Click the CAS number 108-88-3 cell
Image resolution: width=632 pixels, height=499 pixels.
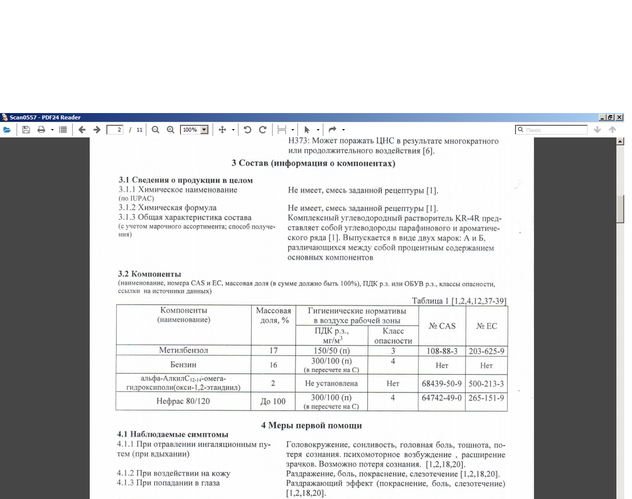442,351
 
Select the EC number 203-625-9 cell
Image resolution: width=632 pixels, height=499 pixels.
486,351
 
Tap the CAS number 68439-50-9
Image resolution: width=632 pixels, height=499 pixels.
441,384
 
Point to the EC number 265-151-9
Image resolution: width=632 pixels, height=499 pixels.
486,398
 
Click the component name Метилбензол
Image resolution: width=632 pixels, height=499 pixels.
183,350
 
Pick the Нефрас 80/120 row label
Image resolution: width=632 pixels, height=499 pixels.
183,402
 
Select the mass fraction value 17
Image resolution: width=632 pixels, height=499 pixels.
273,351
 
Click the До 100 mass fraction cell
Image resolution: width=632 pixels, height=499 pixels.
273,402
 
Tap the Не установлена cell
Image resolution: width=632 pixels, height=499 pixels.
331,384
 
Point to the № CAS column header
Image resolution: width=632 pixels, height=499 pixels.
442,326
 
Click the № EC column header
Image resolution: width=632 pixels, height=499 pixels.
486,326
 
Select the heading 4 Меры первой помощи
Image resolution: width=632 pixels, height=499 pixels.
311,425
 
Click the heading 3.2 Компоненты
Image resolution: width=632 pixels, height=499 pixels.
149,274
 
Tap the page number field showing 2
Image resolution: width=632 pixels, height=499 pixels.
115,130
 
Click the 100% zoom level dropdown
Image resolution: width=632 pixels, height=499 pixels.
195,130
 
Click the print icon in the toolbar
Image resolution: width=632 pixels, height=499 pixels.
41,130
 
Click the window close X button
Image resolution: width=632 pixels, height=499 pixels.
619,117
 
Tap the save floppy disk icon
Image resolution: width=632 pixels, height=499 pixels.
26,130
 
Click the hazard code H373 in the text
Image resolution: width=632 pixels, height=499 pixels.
298,141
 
